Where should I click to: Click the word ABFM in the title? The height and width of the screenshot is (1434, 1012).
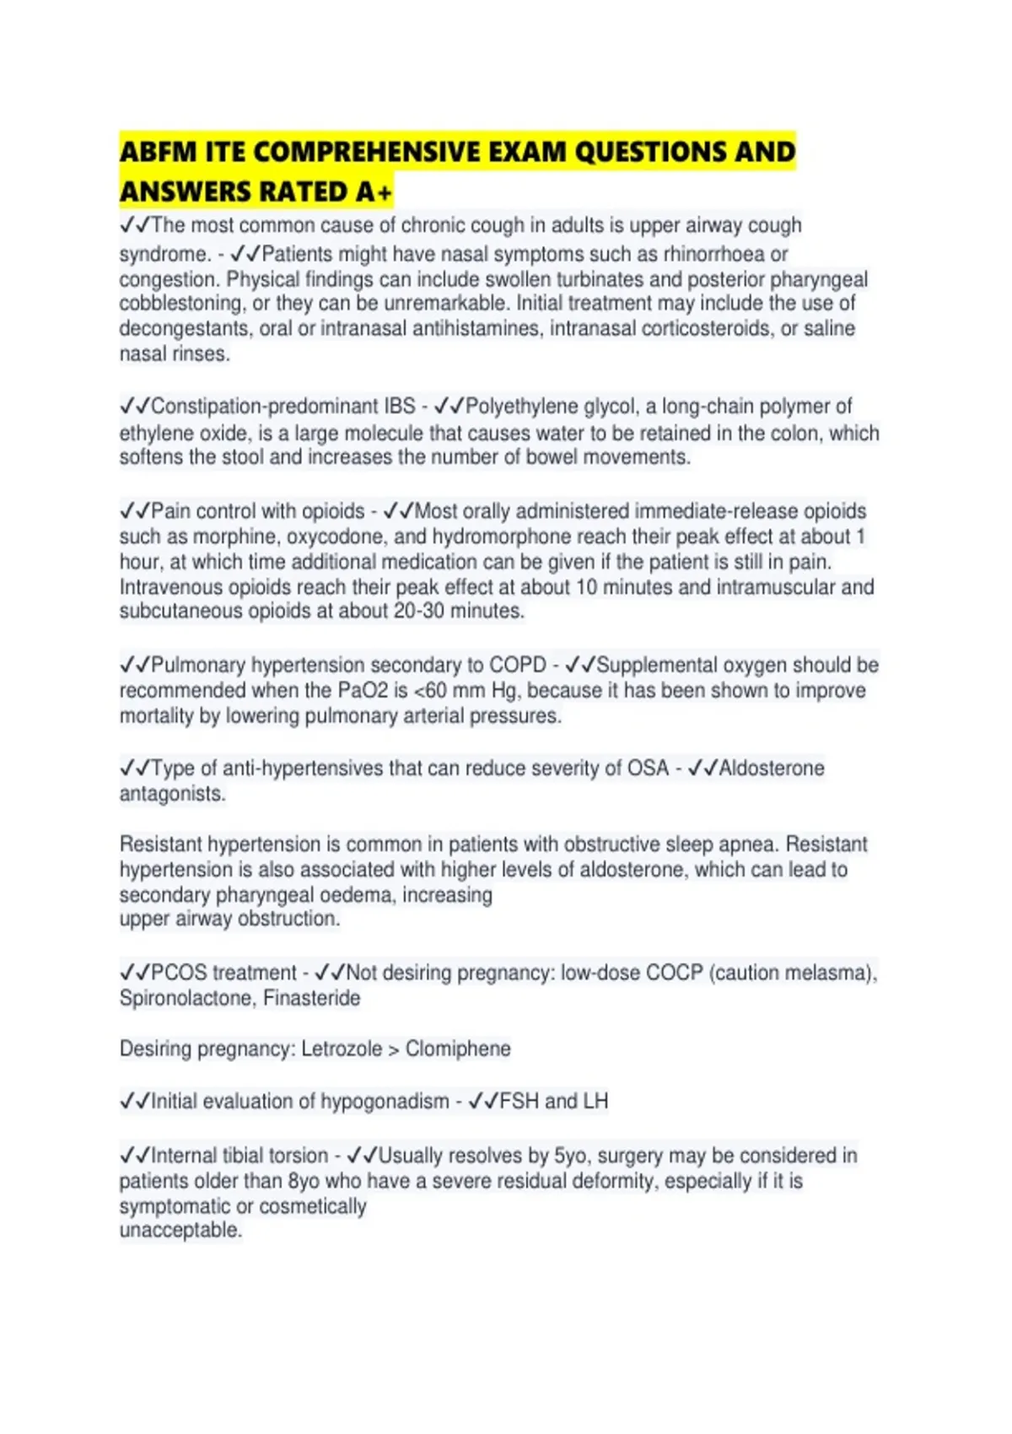153,153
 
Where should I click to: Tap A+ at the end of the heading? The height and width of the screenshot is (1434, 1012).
374,193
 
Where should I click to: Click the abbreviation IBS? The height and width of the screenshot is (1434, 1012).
400,407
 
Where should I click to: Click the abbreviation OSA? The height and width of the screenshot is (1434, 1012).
648,768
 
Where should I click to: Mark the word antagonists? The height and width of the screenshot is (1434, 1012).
172,794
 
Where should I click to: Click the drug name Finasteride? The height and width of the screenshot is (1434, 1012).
312,999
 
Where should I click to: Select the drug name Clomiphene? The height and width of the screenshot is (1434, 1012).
458,1049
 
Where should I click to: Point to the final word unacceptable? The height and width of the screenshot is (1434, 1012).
180,1231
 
